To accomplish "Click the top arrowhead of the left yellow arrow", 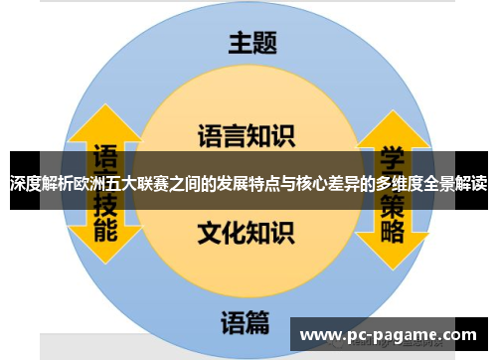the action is [x=106, y=117].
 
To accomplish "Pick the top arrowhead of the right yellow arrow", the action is [x=390, y=117].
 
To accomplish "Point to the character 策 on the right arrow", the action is [x=391, y=203].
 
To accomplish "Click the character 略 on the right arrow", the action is [x=391, y=231].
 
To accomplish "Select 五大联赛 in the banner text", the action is [x=133, y=183].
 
